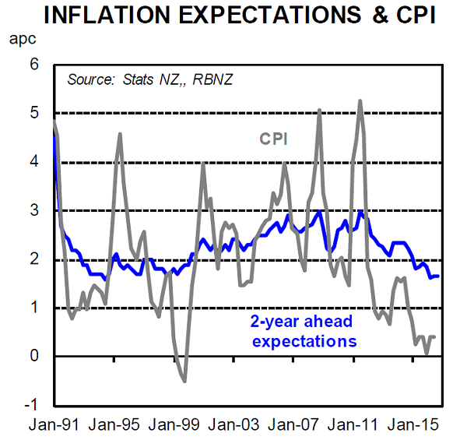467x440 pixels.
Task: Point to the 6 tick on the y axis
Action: [x=33, y=65]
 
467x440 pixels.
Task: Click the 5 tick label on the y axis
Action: [x=33, y=114]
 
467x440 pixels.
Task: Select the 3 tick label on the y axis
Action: [x=33, y=211]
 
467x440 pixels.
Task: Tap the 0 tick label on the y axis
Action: [x=33, y=357]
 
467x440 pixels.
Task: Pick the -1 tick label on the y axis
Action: [x=30, y=405]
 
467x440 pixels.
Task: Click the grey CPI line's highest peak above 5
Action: [x=360, y=100]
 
